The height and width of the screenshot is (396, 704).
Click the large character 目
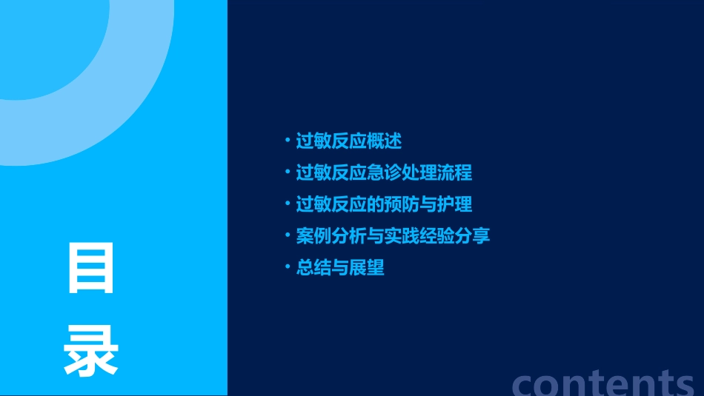pos(91,269)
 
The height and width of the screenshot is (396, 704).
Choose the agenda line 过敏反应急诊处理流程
pos(384,172)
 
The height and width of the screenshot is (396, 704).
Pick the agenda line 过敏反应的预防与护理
pos(384,204)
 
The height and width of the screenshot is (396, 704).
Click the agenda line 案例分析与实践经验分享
pos(393,236)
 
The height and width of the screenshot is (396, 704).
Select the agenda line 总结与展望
pos(340,268)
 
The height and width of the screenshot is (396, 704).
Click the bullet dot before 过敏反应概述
pos(288,140)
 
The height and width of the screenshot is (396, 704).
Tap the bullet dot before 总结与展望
pos(288,267)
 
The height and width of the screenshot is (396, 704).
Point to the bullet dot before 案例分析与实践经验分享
pos(288,235)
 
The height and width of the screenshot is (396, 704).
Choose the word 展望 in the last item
pos(367,268)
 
